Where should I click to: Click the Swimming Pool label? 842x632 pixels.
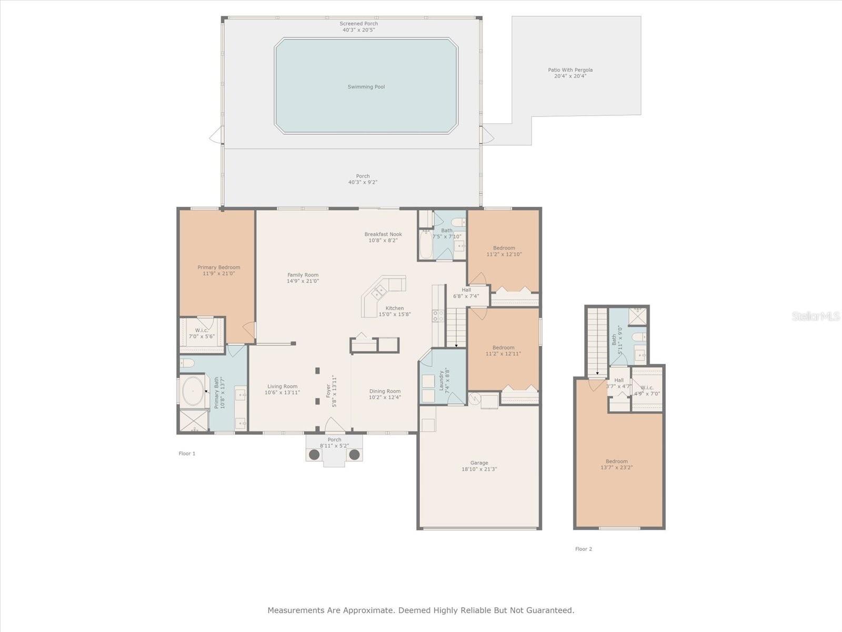pos(366,87)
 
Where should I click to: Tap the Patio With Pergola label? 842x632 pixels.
pos(570,70)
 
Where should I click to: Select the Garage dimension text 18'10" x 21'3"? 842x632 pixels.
pos(479,469)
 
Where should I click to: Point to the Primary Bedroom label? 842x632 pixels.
pos(218,267)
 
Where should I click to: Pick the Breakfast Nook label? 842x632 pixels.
pos(383,234)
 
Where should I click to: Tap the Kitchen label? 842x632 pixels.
pos(395,308)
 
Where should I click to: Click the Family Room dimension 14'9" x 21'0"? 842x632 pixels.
pos(303,281)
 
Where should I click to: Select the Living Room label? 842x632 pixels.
pos(282,387)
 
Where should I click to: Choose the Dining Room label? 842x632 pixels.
pos(385,391)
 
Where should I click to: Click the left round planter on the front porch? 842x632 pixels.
pos(314,455)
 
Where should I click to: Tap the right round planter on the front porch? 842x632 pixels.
pos(355,455)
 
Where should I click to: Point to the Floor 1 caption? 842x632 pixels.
pos(187,453)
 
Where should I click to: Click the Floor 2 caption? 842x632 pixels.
pos(584,549)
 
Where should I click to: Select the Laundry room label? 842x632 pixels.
pos(441,380)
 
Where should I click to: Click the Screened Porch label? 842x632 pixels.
pos(359,23)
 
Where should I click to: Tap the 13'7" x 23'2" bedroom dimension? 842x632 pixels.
pos(616,467)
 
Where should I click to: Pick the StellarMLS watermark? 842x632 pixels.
pos(816,316)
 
